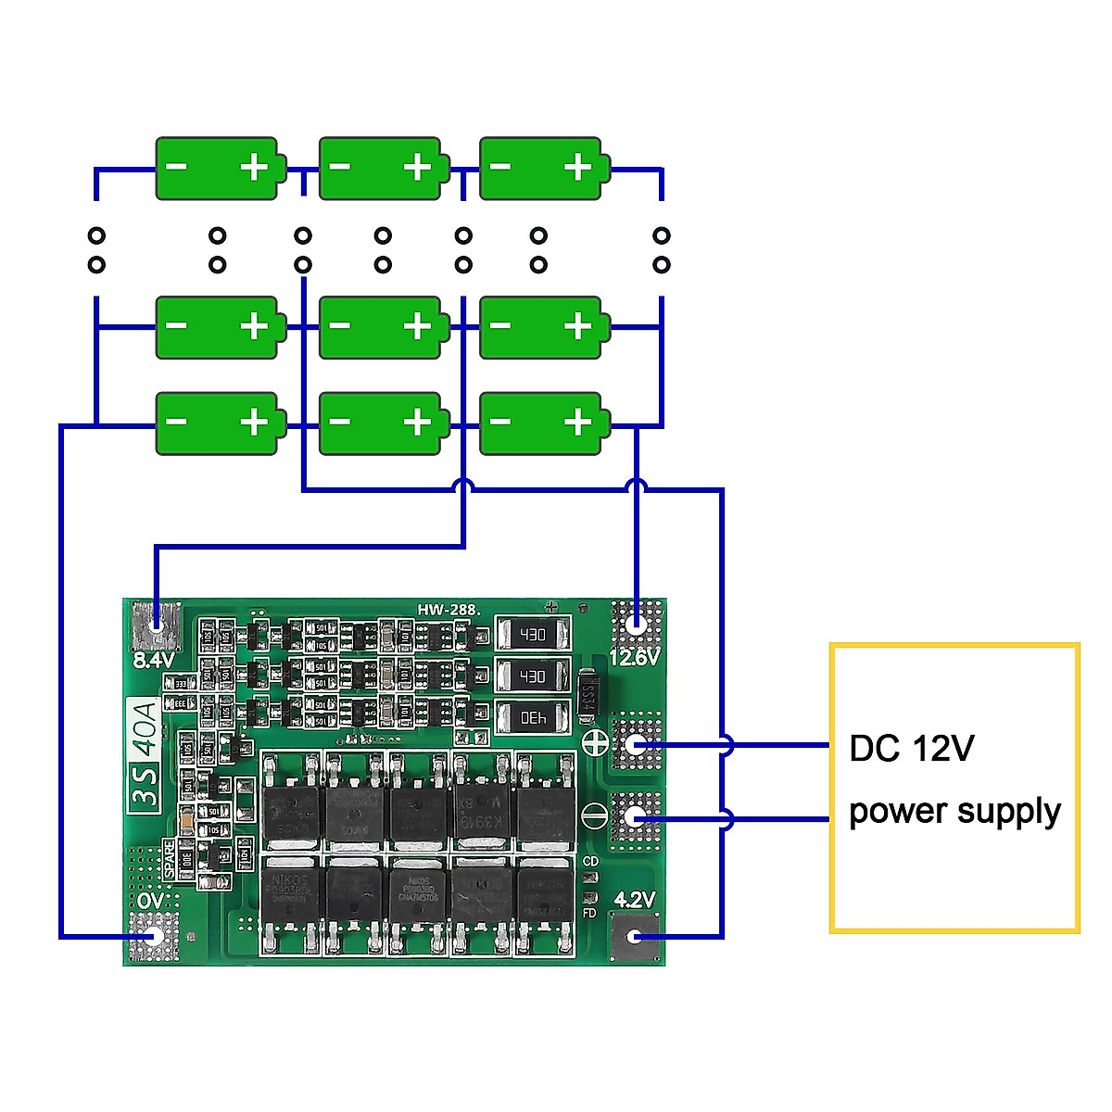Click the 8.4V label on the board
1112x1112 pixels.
pos(153,660)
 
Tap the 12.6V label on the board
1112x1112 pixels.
pos(635,657)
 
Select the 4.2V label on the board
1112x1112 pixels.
pos(635,899)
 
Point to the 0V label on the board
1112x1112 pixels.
pos(150,900)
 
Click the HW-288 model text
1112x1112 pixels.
pos(448,609)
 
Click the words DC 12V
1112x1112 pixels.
pos(911,748)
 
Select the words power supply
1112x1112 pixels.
pos(954,811)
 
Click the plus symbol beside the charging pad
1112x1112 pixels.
pos(594,742)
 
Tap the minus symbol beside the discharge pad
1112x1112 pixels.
pos(594,815)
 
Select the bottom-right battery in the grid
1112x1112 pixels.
pos(544,423)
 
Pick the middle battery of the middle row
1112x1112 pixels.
pos(382,327)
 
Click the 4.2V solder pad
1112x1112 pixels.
pos(635,936)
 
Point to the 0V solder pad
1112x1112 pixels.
pos(154,936)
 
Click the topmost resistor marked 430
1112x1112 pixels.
pos(533,635)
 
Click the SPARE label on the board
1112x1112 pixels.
pos(169,859)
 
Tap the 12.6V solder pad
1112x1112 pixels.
pos(636,624)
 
